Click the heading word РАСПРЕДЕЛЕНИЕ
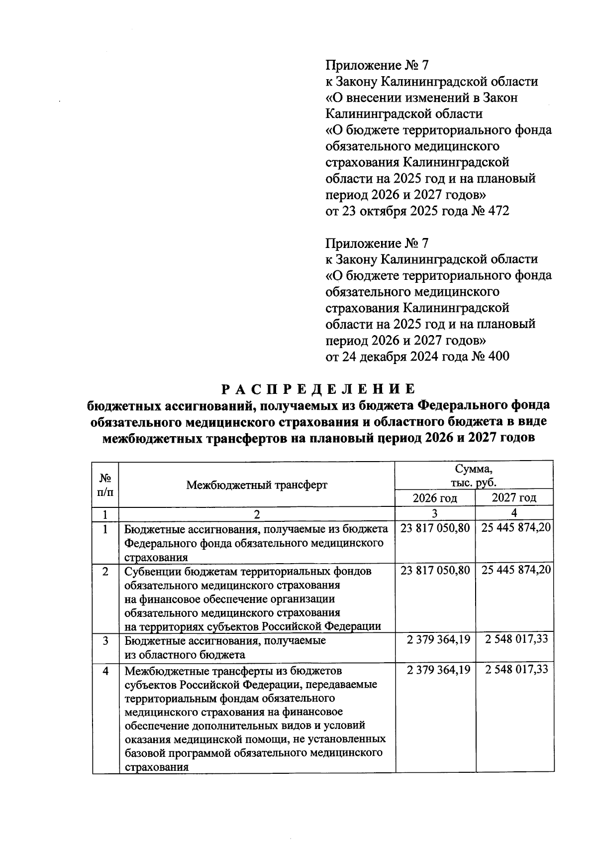317,388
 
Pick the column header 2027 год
514,498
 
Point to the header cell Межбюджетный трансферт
257,484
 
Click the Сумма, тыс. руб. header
474,476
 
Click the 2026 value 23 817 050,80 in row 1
435,528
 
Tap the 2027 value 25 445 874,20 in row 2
515,570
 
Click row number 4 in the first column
105,671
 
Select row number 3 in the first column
105,640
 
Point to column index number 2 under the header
257,514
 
